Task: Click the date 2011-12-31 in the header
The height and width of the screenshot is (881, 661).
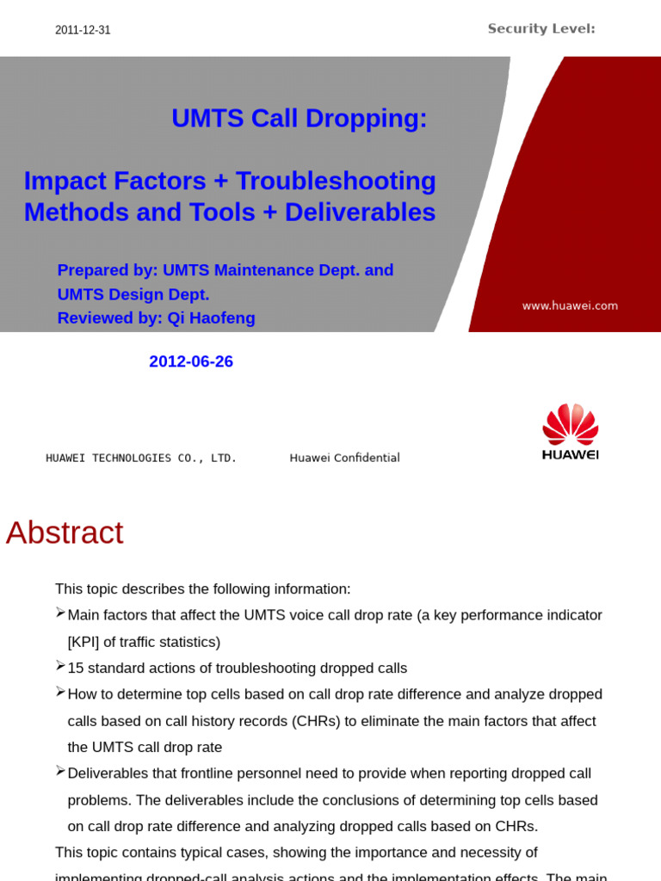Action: click(x=83, y=30)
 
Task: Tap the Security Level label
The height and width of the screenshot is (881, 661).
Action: click(x=541, y=29)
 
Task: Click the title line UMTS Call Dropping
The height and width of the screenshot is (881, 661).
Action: click(x=299, y=119)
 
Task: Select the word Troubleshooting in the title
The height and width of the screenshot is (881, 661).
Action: click(x=336, y=182)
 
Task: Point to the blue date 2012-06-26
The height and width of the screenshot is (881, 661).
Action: click(x=191, y=362)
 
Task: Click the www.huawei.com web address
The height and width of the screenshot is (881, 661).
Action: click(x=570, y=305)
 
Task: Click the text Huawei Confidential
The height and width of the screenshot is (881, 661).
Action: click(x=344, y=458)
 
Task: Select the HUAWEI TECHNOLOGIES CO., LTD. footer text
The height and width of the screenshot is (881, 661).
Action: click(x=141, y=458)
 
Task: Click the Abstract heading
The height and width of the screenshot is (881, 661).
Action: click(x=65, y=533)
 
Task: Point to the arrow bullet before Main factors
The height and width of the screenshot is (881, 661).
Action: click(x=60, y=612)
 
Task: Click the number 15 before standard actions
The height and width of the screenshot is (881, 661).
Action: click(x=75, y=668)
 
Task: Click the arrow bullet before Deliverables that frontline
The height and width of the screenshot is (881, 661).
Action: click(x=60, y=770)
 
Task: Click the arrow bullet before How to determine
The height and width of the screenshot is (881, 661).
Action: click(x=60, y=691)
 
